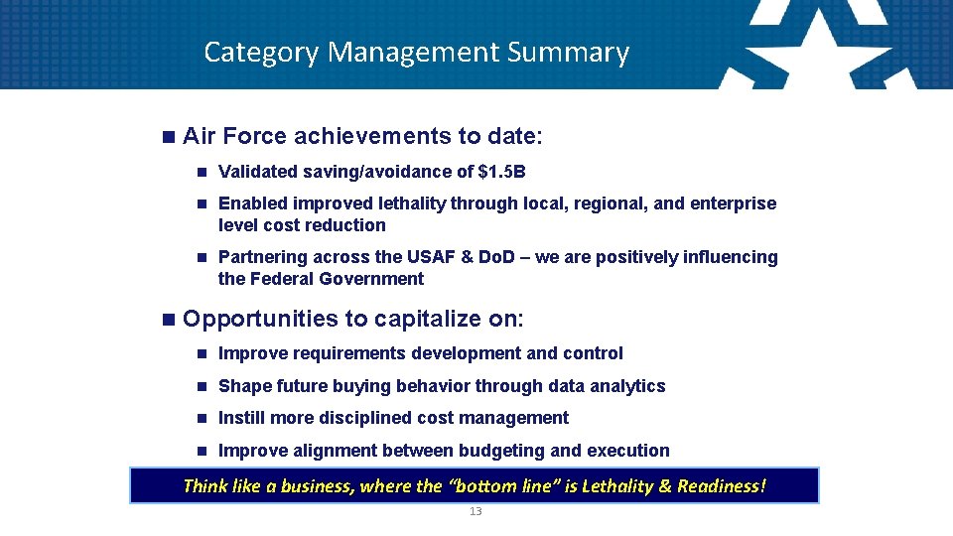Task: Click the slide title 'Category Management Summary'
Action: [x=416, y=52]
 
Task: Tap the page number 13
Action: [x=475, y=511]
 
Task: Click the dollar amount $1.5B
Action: [x=501, y=172]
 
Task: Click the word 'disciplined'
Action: [x=363, y=418]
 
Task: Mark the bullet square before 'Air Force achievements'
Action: [x=166, y=135]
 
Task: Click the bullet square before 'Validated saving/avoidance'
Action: [x=201, y=173]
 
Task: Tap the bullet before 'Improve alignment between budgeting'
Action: [x=201, y=452]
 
